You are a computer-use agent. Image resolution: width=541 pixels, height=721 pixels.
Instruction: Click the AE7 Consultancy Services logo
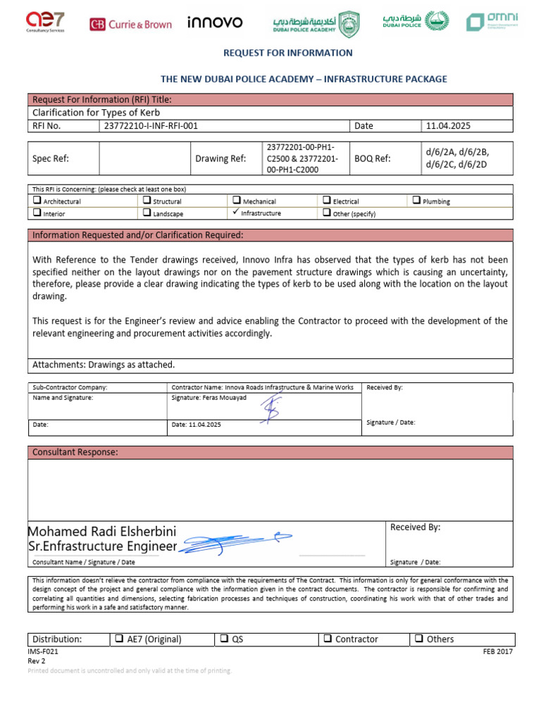click(x=45, y=22)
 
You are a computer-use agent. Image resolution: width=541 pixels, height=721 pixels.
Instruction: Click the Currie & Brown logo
click(x=130, y=24)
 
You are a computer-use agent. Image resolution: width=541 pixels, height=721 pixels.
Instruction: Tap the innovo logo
click(x=215, y=23)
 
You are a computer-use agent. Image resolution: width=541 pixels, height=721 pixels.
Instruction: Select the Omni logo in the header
click(x=492, y=22)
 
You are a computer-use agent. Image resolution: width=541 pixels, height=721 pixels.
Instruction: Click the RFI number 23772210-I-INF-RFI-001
click(x=151, y=126)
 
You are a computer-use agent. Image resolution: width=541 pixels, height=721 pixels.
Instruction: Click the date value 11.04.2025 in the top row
click(x=447, y=126)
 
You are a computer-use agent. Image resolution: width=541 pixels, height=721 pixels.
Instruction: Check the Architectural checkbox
click(x=37, y=201)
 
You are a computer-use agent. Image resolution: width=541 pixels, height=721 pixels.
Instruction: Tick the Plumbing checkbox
click(x=416, y=201)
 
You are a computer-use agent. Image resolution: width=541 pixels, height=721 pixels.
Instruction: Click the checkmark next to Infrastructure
click(x=236, y=213)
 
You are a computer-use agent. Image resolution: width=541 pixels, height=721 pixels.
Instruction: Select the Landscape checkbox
click(x=147, y=213)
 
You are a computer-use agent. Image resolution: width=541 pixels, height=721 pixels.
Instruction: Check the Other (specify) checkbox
click(x=326, y=213)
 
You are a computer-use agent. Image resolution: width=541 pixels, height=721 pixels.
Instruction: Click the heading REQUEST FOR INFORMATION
click(x=287, y=53)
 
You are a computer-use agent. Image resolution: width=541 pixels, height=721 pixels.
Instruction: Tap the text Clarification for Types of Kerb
click(x=97, y=113)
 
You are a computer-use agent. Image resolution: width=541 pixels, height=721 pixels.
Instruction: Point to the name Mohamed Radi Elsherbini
click(x=102, y=531)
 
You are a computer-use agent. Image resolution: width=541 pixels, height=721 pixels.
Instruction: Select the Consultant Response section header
click(x=75, y=451)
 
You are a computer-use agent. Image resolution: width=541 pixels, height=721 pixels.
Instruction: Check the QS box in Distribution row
click(x=224, y=639)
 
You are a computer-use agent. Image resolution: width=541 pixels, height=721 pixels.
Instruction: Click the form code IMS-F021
click(x=43, y=652)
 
